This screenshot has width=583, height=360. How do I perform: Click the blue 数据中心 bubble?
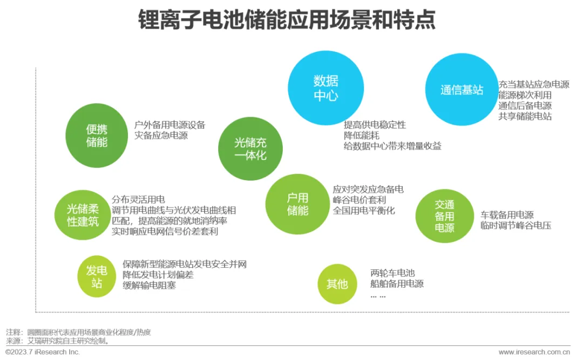[x=326, y=89]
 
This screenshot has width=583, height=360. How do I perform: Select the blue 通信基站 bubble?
[x=462, y=90]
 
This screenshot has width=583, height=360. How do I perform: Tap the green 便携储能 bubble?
[x=97, y=135]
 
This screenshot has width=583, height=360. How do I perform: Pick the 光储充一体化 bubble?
[x=250, y=149]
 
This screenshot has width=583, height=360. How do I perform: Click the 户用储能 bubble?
[x=297, y=204]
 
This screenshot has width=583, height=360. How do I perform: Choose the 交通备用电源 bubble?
[x=444, y=216]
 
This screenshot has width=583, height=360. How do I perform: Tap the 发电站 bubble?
[x=97, y=276]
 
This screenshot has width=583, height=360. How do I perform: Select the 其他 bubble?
[x=337, y=284]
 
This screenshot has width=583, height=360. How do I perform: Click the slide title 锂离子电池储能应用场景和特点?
[x=287, y=21]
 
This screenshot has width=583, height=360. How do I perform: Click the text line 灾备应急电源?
[x=161, y=136]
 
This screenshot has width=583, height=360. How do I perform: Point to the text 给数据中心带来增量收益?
[x=392, y=146]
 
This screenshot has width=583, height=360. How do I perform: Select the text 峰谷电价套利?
[x=360, y=200]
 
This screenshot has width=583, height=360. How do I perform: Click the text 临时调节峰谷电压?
[x=516, y=226]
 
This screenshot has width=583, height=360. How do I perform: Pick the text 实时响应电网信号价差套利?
[x=165, y=231]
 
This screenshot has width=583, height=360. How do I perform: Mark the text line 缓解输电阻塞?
[x=149, y=285]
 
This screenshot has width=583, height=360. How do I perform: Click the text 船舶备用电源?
[x=397, y=284]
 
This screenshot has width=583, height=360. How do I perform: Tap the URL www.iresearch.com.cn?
[x=534, y=352]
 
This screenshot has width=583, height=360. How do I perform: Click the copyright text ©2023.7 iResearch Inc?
[x=43, y=352]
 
